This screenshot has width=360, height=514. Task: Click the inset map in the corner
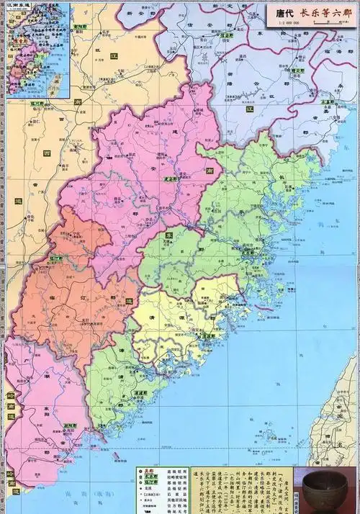[36, 50]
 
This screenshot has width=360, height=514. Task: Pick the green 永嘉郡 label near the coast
[329, 103]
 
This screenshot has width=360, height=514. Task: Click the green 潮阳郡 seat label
[69, 425]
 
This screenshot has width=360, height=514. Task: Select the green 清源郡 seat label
[207, 335]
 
